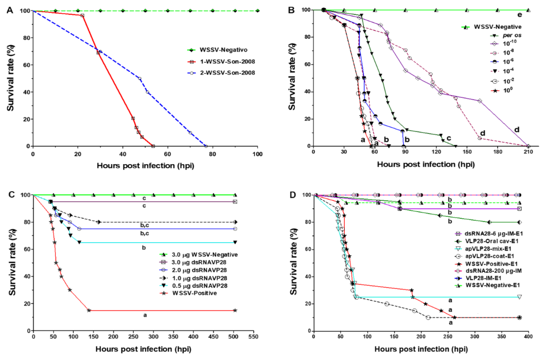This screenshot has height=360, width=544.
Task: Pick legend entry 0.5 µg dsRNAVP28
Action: [197, 286]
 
